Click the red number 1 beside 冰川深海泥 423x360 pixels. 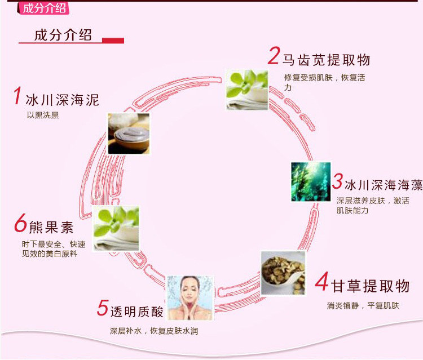tap(17, 96)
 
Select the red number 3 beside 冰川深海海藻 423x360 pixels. tap(337, 181)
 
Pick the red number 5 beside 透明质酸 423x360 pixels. tap(102, 308)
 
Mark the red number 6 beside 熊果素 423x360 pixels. tap(21, 224)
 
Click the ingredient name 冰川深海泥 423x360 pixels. tap(63, 100)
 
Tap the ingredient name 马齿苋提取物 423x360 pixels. tap(326, 60)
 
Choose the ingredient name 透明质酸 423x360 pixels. tap(136, 311)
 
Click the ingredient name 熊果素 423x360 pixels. tap(51, 228)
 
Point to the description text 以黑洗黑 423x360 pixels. tap(43, 115)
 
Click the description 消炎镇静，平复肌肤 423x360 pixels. tap(363, 306)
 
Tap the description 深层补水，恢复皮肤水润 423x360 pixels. tap(153, 331)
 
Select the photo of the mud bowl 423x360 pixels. tap(129, 134)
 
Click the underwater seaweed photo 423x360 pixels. tap(311, 181)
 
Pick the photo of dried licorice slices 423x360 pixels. tap(283, 272)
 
